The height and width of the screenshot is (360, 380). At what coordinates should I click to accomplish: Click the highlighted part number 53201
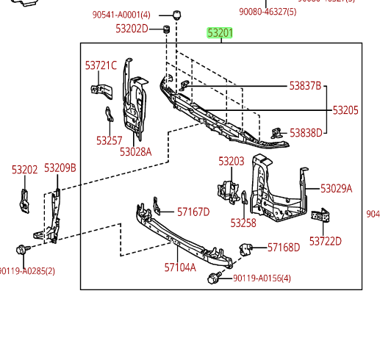pos(220,33)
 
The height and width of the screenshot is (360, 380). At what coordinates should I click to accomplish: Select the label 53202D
pos(132,29)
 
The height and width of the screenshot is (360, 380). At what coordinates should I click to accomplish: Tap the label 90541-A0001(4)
pos(121,15)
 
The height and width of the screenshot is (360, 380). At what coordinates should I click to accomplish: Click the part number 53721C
pos(101,65)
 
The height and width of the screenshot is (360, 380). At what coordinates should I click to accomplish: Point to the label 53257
pos(109,140)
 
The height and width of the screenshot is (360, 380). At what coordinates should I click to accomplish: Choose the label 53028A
pos(135,152)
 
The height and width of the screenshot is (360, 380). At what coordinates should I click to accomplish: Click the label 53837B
pos(305,86)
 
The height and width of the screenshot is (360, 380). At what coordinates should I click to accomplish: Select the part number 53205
pos(345,110)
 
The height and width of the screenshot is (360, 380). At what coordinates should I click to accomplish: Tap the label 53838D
pos(306,133)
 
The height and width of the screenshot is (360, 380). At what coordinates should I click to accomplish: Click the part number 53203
pos(231,161)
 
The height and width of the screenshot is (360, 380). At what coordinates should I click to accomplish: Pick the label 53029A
pos(336,189)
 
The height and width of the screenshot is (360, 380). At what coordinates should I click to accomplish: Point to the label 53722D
pos(325,240)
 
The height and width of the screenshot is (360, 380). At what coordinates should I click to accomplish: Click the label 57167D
pos(193,212)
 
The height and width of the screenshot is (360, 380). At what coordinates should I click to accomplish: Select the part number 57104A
pos(180,267)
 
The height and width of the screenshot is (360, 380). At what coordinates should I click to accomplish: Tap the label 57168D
pos(284,248)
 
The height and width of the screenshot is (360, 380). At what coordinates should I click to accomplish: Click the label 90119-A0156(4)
pos(262,278)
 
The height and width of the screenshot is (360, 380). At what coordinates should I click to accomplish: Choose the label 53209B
pos(60,168)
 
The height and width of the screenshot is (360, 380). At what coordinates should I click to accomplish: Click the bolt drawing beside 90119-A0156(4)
pos(215,278)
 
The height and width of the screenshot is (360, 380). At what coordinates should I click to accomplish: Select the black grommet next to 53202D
pos(166,29)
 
